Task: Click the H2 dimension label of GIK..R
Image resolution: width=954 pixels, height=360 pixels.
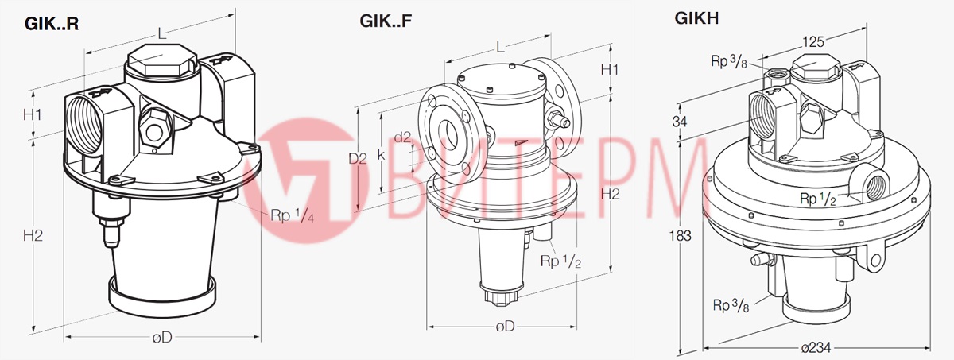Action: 33,235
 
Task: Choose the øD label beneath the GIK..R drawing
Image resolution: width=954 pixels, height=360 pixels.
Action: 162,337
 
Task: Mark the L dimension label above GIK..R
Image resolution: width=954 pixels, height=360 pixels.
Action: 161,33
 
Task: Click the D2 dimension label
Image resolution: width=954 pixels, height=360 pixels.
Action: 359,158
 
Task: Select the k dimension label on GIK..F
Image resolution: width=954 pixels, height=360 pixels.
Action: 382,155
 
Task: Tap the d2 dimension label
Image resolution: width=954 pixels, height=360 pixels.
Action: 403,137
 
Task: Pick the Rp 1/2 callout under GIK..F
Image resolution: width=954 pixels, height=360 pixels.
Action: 560,261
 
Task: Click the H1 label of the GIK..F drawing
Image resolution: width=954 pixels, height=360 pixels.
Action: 610,69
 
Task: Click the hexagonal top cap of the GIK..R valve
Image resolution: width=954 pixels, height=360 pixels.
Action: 161,60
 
